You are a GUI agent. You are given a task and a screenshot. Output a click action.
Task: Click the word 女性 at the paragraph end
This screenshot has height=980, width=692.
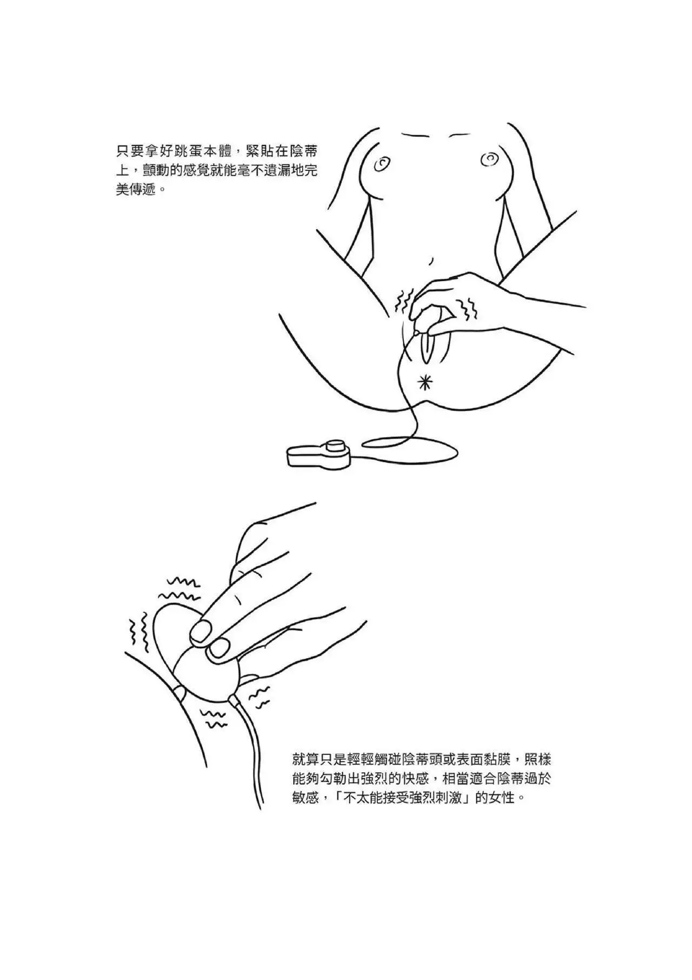(x=503, y=798)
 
